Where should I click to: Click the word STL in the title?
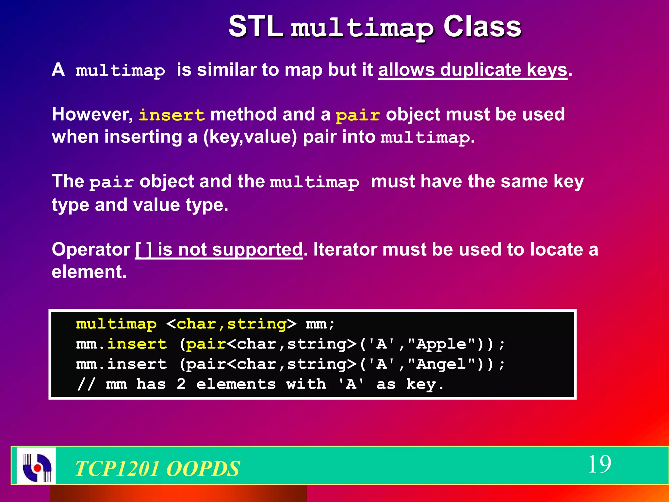[255, 27]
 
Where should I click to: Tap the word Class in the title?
[482, 27]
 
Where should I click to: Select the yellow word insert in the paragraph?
[172, 115]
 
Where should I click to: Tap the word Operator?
[91, 250]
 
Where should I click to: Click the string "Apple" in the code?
[441, 344]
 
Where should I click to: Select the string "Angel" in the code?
[441, 364]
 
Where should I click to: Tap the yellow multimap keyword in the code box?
[116, 324]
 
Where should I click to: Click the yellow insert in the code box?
[137, 344]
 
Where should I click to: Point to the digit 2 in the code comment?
[181, 384]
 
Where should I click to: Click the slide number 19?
[599, 464]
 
